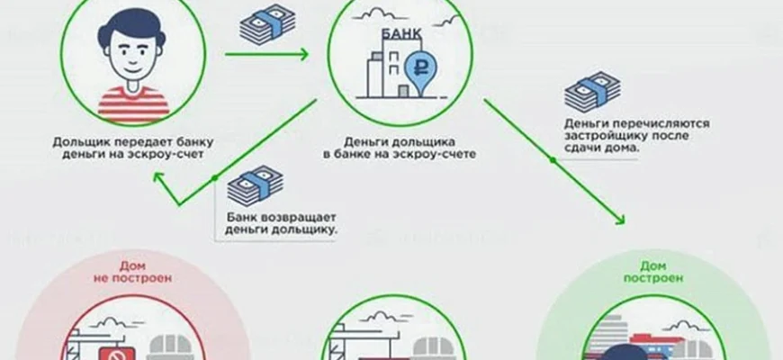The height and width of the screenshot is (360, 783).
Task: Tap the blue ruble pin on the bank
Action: (x=419, y=68)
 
